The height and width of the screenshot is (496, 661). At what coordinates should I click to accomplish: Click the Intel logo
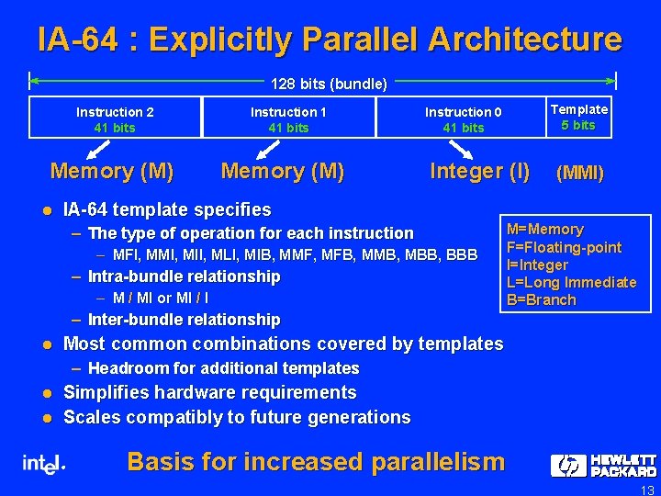(x=43, y=464)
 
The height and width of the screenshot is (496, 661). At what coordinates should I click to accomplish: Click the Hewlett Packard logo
(x=603, y=466)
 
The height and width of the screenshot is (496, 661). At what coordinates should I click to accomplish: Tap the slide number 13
(x=646, y=490)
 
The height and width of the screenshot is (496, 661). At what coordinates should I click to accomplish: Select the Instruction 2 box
(x=115, y=119)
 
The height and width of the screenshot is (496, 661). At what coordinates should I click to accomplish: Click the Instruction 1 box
(x=289, y=119)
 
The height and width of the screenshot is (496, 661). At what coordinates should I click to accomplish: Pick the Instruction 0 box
(x=463, y=119)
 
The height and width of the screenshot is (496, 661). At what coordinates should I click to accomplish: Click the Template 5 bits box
(x=578, y=118)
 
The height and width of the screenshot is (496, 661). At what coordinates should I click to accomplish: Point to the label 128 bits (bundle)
(x=329, y=84)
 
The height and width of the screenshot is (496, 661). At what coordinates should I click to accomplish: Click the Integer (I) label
(x=480, y=171)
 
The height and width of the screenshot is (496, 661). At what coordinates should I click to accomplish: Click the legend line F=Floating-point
(x=565, y=247)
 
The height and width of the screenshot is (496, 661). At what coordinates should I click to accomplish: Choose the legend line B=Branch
(x=542, y=299)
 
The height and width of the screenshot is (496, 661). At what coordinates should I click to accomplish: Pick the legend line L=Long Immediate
(x=572, y=282)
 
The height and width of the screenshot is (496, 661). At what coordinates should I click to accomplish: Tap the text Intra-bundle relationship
(x=184, y=276)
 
